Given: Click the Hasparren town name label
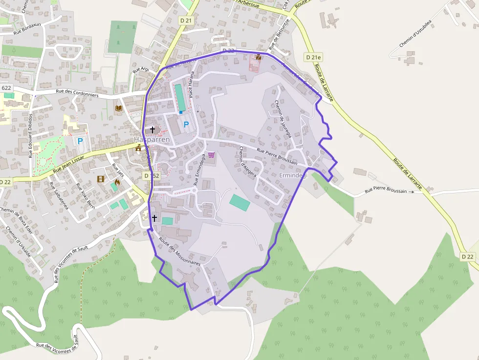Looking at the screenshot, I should point(152,139).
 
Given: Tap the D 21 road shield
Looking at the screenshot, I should point(186,21).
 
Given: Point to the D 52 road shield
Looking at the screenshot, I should point(152,175).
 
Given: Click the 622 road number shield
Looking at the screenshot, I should point(6,88).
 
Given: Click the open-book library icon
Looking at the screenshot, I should point(118,108).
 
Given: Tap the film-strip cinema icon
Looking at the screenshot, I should point(101,179).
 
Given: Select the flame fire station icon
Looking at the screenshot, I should point(117,182).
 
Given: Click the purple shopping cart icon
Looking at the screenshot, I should point(211,155).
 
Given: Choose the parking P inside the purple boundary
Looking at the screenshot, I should point(186,125).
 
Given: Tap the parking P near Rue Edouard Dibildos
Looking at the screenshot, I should point(81,141).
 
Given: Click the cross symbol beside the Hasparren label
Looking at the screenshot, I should point(152,130).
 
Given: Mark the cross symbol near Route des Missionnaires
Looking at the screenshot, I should point(154,218).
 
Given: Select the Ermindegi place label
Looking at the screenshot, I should point(293,175).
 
